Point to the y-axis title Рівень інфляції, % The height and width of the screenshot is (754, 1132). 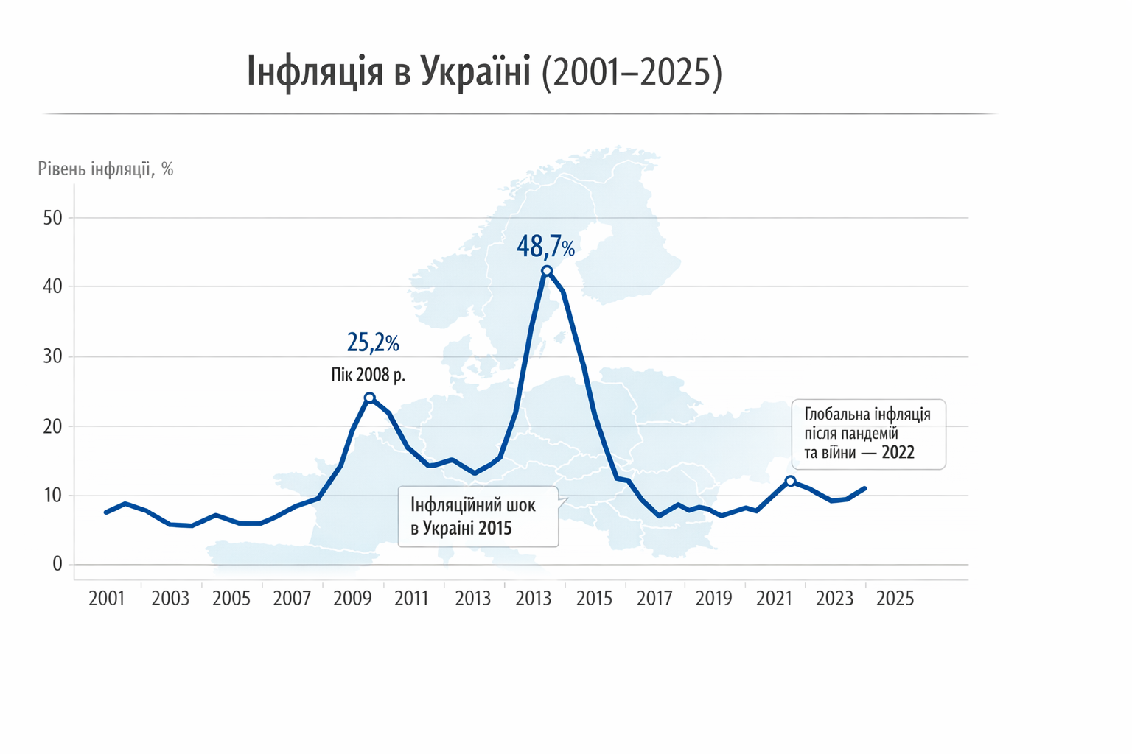coord(105,169)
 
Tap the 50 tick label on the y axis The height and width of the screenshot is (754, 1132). coord(53,218)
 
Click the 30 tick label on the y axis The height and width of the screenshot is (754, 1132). coord(53,357)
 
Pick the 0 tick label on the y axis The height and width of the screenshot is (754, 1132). coord(57,565)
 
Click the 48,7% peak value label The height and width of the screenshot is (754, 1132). coord(545,247)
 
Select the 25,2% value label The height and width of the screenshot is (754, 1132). coord(373,342)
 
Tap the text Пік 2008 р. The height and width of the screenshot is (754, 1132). coord(368,375)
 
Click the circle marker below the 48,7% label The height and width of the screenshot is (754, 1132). coord(547,271)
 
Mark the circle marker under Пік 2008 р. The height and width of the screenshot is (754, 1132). coord(370,398)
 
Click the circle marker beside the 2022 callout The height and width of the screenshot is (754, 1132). coord(790,481)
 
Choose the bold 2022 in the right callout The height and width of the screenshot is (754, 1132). coord(898,453)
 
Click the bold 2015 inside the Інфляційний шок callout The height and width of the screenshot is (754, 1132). coord(495,528)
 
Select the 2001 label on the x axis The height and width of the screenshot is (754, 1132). coord(107,599)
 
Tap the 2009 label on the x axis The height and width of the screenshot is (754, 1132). coord(352,599)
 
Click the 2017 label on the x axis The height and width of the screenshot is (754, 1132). coord(654,599)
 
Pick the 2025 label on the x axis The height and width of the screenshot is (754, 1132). coord(895,599)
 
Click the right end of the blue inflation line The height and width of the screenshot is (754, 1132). coord(864,488)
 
